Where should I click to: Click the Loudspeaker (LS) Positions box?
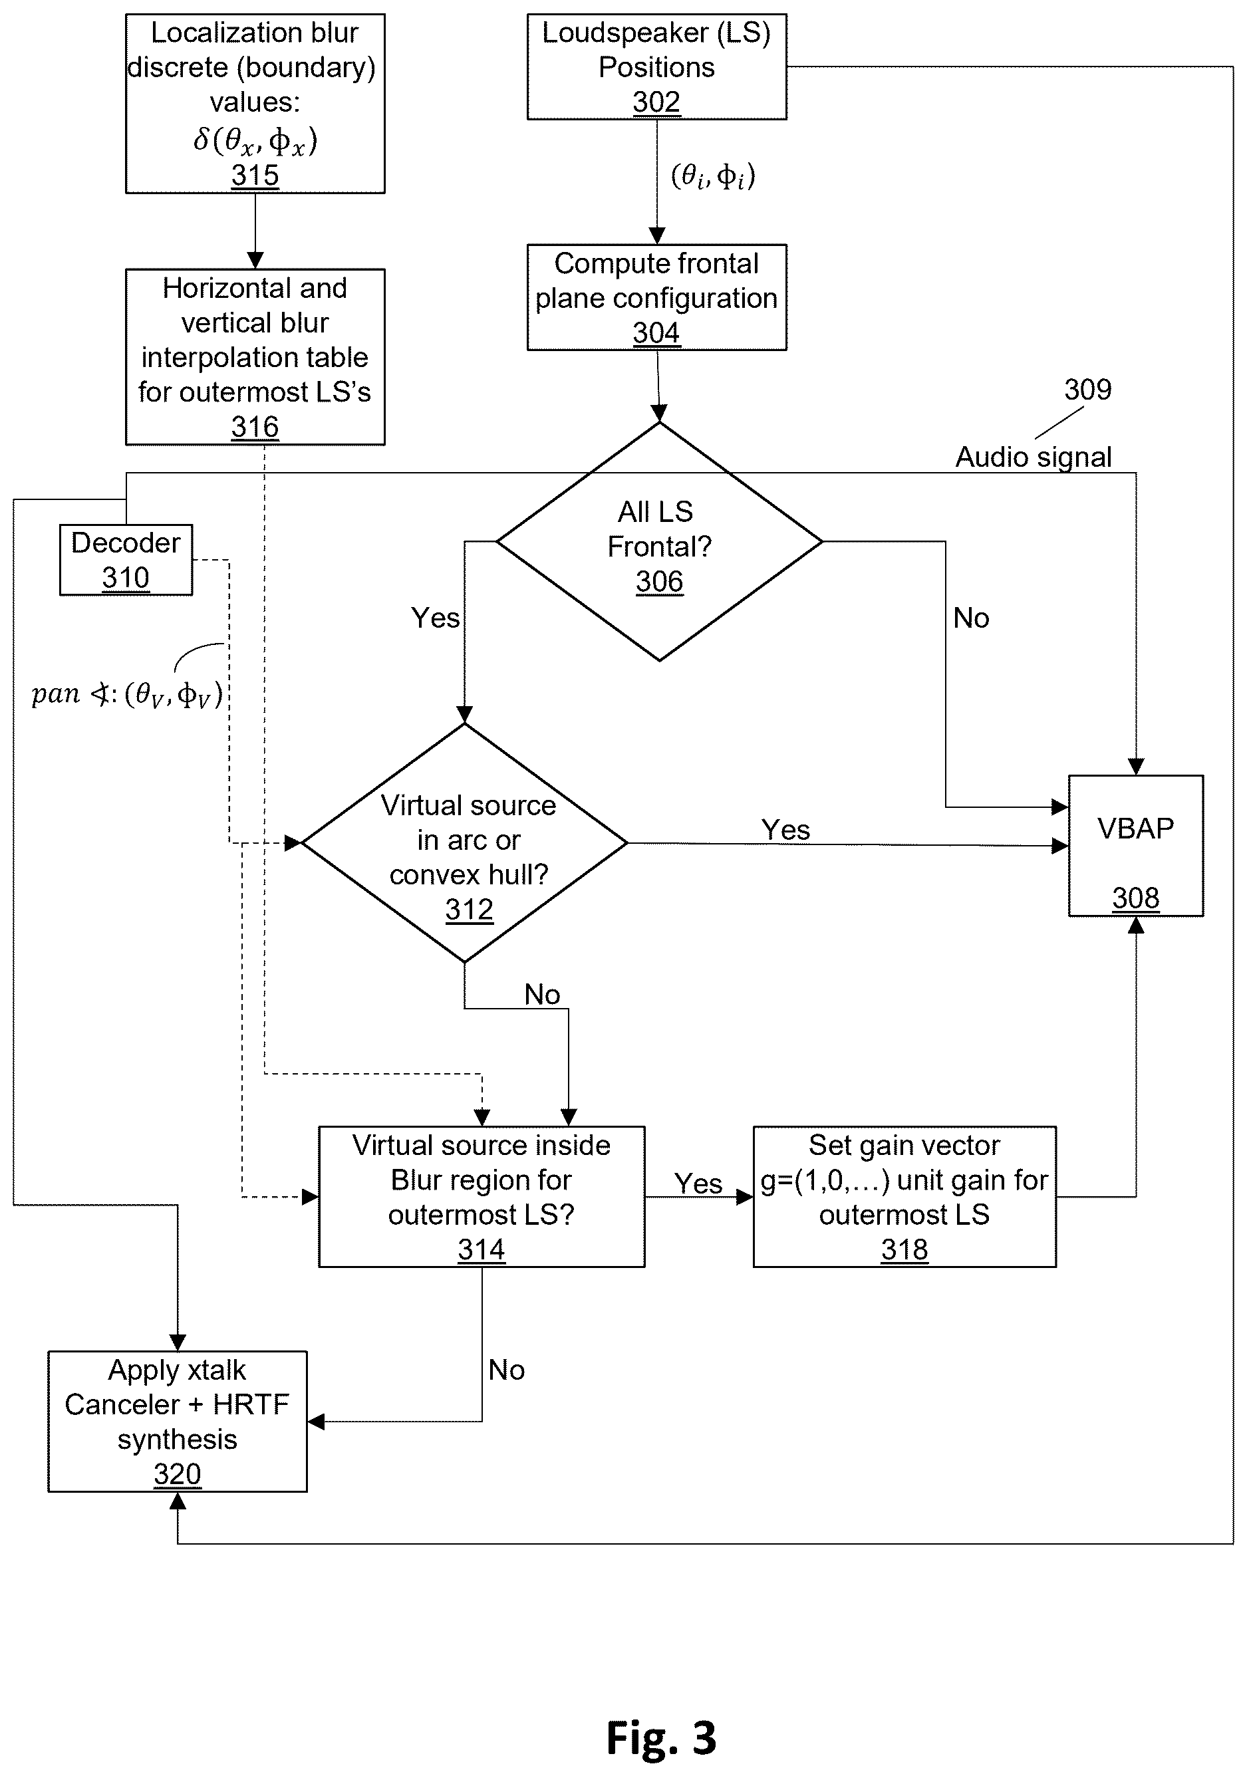pyautogui.click(x=657, y=66)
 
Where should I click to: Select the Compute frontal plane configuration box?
pyautogui.click(x=657, y=298)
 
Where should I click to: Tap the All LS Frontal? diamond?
pyautogui.click(x=659, y=541)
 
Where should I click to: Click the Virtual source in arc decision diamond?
pyautogui.click(x=464, y=842)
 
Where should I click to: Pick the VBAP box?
pyautogui.click(x=1136, y=846)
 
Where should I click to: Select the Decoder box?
pyautogui.click(x=126, y=560)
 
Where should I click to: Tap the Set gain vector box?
pyautogui.click(x=904, y=1197)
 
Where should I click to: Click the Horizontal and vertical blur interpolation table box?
pyautogui.click(x=255, y=356)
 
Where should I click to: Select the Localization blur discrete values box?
pyautogui.click(x=255, y=104)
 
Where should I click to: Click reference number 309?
pyautogui.click(x=1087, y=389)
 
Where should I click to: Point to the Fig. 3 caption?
pyautogui.click(x=661, y=1737)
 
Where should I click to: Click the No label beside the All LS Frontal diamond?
pyautogui.click(x=971, y=617)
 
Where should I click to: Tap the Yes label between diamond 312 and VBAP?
pyautogui.click(x=786, y=829)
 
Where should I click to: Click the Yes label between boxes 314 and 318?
pyautogui.click(x=698, y=1183)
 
